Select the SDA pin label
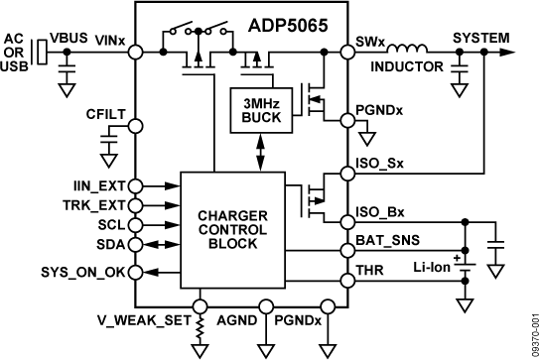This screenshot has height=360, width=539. tap(110, 245)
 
